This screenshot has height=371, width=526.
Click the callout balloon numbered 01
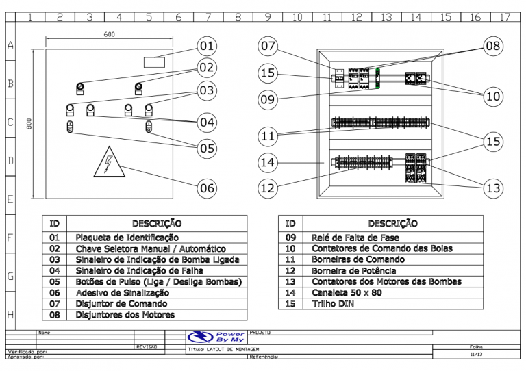tap(207, 47)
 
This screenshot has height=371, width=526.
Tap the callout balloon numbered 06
tap(207, 188)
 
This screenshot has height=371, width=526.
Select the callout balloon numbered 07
tap(268, 47)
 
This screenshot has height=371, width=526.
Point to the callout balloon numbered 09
tap(268, 100)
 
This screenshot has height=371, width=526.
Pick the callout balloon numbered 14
tap(268, 163)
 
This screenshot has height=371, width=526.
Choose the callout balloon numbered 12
tap(268, 188)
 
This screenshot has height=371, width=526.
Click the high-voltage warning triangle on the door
tap(109, 163)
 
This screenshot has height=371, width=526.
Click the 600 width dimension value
tap(110, 34)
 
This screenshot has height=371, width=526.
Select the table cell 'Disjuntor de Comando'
tap(121, 303)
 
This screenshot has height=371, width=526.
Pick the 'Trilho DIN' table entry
tap(333, 303)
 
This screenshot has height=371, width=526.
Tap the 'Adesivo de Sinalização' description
tap(122, 292)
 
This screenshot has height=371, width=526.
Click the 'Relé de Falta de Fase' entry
tap(355, 238)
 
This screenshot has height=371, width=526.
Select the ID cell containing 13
tap(290, 281)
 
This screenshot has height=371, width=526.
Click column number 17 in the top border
tap(504, 16)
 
